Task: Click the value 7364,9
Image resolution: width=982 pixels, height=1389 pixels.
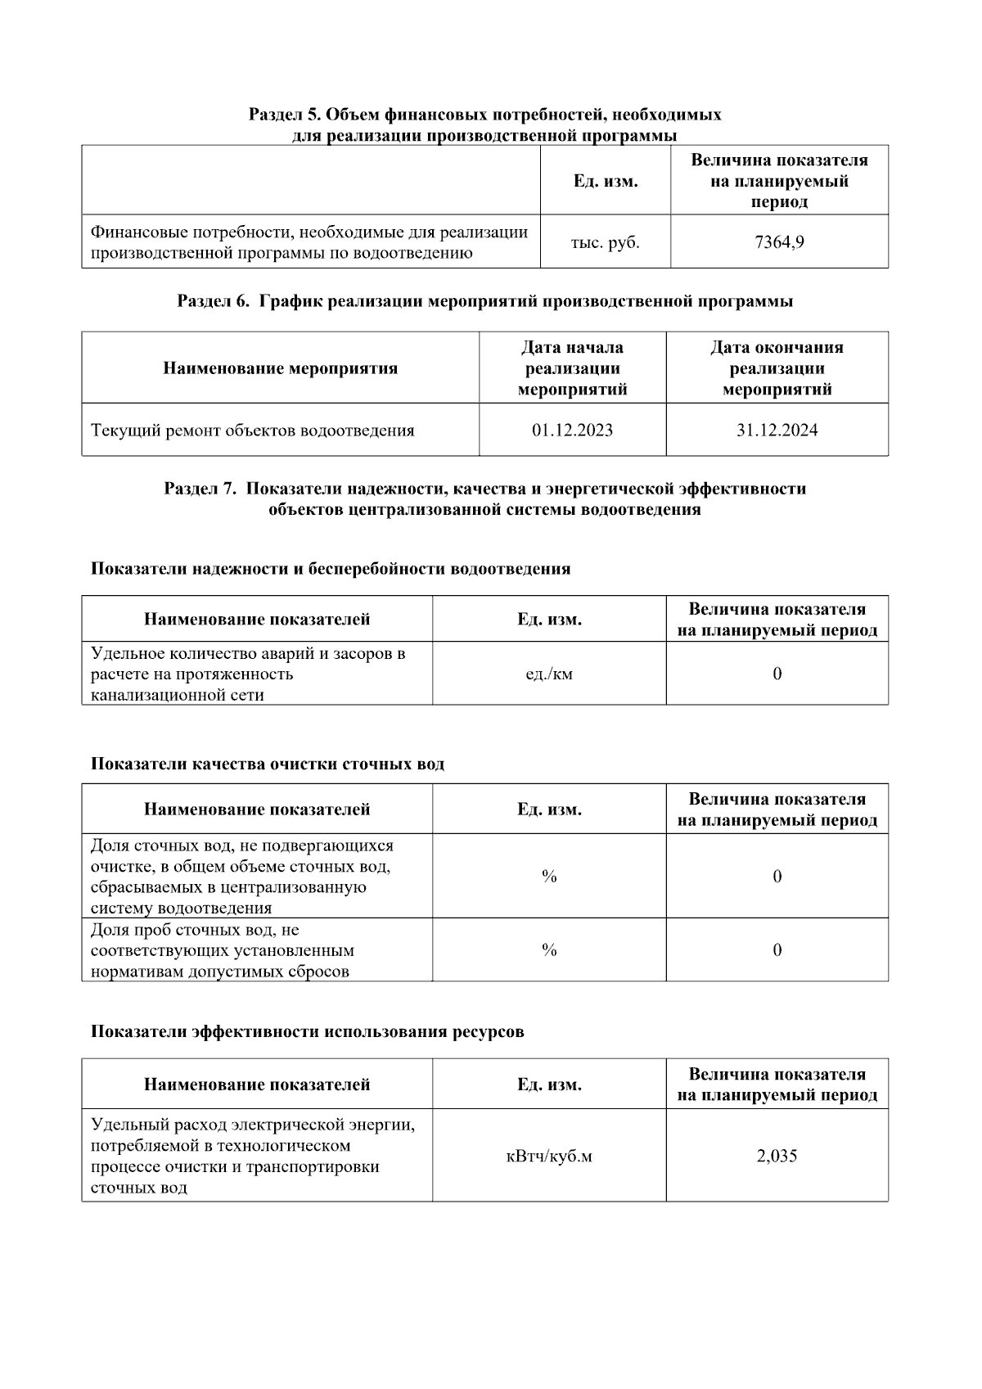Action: coord(778,242)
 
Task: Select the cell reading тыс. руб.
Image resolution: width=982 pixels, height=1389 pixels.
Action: coord(605,242)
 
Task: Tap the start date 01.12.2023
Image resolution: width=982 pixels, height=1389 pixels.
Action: coord(572,431)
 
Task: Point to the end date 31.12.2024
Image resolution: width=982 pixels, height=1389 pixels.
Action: coord(777,431)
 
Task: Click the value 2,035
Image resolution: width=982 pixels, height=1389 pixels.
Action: coord(777,1156)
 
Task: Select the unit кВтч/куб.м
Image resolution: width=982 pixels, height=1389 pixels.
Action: coord(549,1156)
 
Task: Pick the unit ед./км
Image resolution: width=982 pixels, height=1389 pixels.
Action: coord(549,674)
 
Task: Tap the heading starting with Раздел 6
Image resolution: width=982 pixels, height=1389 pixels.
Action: coord(484,301)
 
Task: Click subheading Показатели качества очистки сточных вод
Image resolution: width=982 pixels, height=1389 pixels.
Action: coord(268,764)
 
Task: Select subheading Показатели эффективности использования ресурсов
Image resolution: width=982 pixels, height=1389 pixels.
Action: coord(307,1031)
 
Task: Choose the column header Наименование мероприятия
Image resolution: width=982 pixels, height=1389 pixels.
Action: coord(280,368)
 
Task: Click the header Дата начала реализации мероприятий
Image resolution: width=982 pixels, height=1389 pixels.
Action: coord(572,368)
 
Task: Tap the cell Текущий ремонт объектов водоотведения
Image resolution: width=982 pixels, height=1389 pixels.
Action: coord(252,431)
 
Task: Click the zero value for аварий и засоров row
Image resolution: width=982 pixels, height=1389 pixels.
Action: coord(777,674)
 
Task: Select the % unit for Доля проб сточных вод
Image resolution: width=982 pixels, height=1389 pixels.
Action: coord(549,949)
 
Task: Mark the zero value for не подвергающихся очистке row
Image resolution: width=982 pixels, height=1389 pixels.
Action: coord(777,877)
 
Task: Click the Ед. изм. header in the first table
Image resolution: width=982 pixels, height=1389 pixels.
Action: coord(605,181)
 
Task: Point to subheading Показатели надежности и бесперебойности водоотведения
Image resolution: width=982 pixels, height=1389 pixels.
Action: coord(331,569)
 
